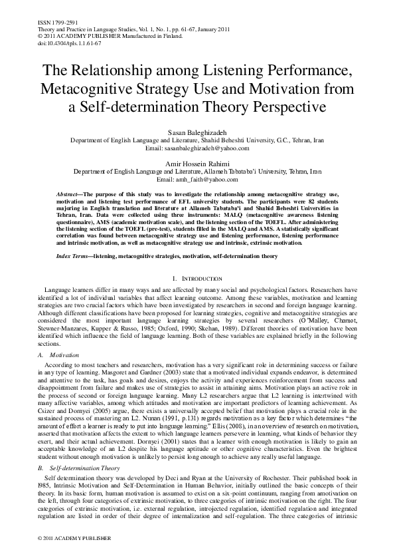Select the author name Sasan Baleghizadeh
(x=198, y=133)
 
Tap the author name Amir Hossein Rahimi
(x=198, y=164)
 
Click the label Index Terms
(x=73, y=255)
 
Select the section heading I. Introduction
(x=198, y=278)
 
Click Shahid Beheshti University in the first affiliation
(x=236, y=141)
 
